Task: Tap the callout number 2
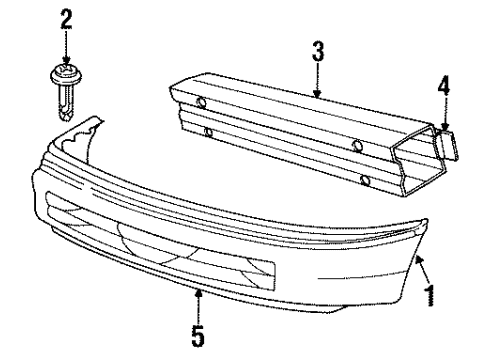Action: [x=66, y=19]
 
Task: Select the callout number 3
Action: [x=318, y=52]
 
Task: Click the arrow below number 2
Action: [x=66, y=46]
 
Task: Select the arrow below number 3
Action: [x=318, y=83]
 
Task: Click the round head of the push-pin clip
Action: [x=66, y=75]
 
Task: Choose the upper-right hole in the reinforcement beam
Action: [x=357, y=146]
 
